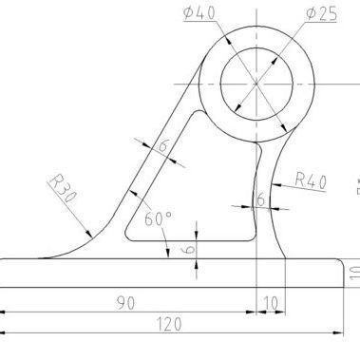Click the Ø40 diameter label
pos(199,13)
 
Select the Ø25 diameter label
pos(321,14)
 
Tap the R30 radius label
pos(63,188)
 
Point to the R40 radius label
pos(311,180)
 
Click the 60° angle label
pos(159,218)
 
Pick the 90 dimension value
pos(125,303)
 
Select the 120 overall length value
pos(169,324)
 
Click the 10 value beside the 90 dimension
pos(271,303)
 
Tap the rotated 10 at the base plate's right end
pos(354,273)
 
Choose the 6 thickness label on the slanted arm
pos(162,145)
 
